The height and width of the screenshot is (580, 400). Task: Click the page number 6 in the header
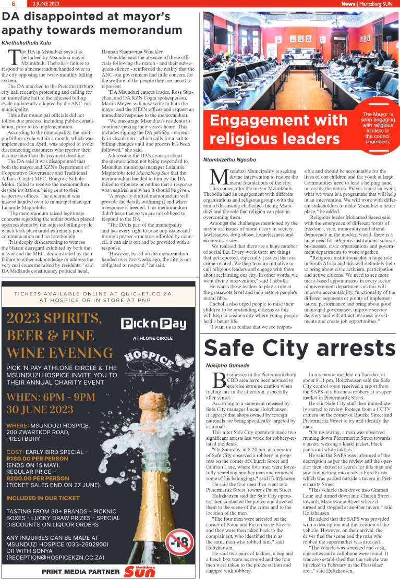[11, 4]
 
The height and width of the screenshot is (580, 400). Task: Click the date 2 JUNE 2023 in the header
[46, 4]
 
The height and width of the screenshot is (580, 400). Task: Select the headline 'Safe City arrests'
[300, 348]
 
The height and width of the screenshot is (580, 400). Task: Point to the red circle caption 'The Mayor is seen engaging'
[377, 127]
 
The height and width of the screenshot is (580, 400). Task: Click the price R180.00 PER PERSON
[38, 458]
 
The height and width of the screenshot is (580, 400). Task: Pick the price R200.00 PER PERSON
[38, 477]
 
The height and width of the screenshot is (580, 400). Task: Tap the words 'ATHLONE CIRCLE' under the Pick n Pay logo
[153, 338]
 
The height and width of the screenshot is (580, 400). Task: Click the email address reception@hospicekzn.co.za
[56, 558]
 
